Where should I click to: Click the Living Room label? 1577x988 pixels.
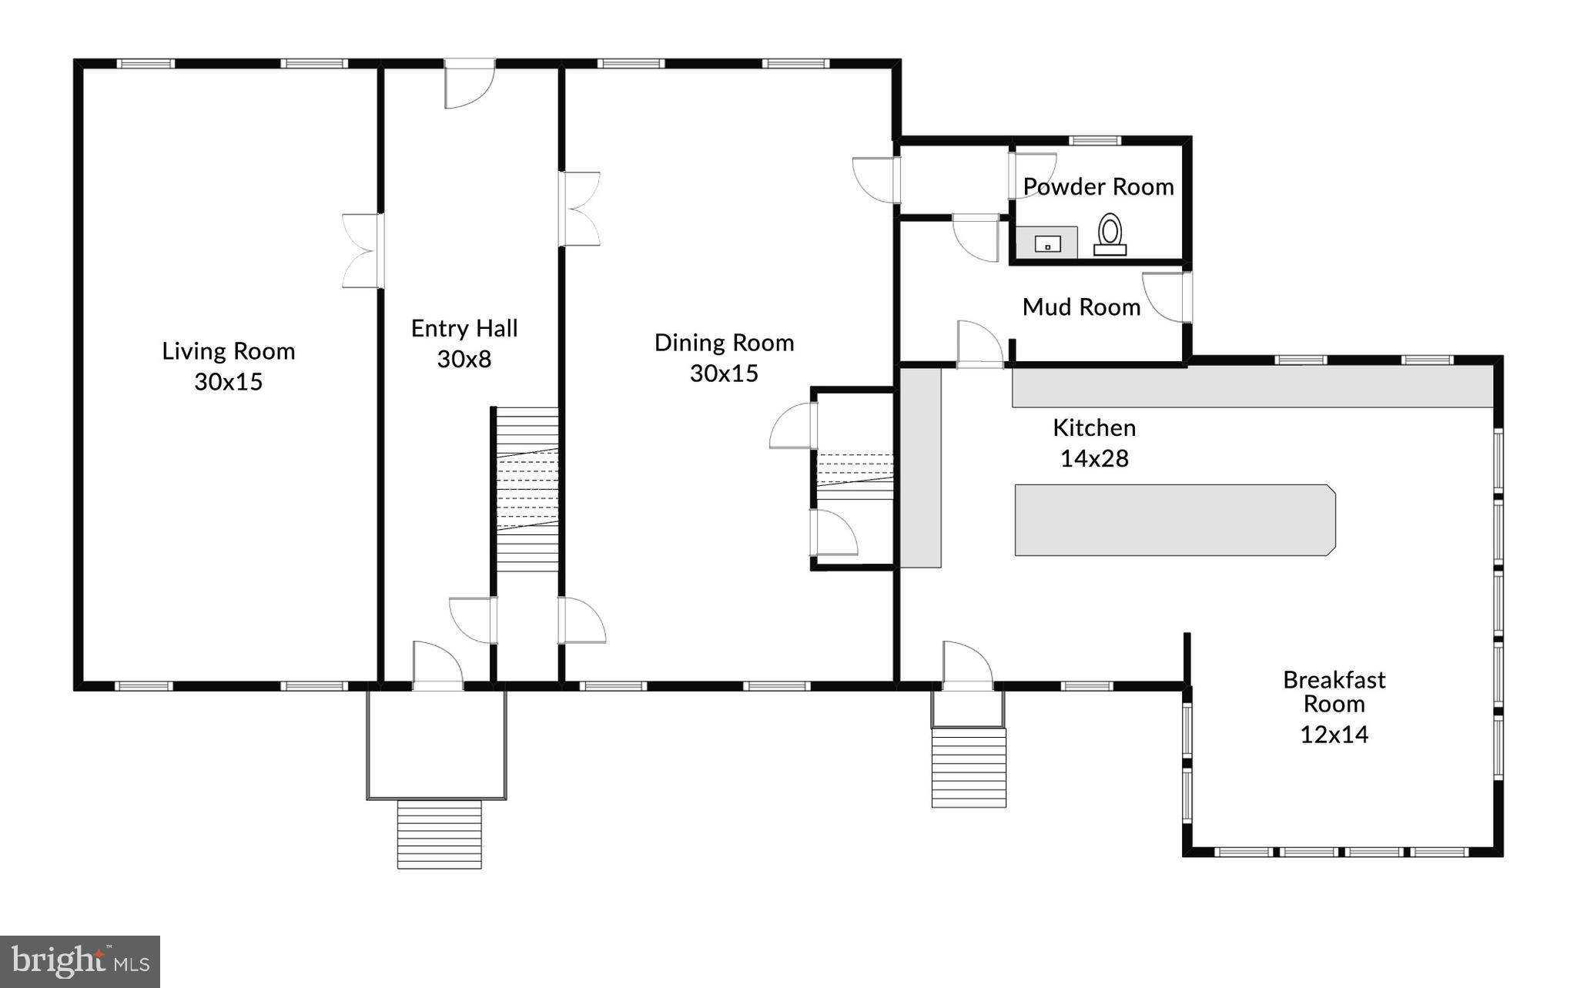(x=228, y=351)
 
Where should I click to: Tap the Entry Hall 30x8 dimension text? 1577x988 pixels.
(x=464, y=359)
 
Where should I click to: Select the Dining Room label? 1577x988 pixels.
(x=724, y=343)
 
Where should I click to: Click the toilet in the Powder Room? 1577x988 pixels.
(x=1110, y=234)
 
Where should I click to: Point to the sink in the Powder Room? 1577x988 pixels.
(x=1047, y=244)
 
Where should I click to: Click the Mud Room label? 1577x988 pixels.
(x=1081, y=307)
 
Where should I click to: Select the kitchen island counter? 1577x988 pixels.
(x=1174, y=520)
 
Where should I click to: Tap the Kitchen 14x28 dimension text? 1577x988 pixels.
(x=1094, y=459)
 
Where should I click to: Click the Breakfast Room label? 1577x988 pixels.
(x=1334, y=692)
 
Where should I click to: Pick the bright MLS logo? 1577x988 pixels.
(x=79, y=961)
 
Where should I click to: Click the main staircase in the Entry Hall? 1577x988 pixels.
(x=527, y=489)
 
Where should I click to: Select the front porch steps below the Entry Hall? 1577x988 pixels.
(x=439, y=835)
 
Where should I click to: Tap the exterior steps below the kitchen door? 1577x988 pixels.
(x=969, y=768)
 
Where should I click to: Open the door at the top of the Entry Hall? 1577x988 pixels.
(x=470, y=82)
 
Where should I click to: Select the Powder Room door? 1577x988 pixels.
(x=1032, y=176)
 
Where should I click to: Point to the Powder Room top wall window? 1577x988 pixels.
(x=1096, y=141)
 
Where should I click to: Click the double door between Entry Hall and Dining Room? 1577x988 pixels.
(x=580, y=209)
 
